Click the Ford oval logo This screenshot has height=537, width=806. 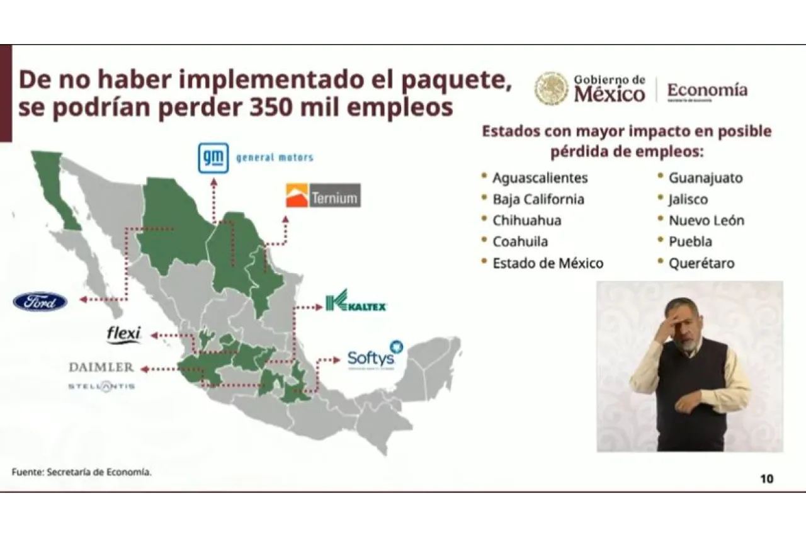pos(40,302)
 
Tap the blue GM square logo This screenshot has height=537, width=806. pos(213,158)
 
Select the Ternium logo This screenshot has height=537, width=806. pos(323,196)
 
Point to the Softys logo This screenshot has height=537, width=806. pos(374,357)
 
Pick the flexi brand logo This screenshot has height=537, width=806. pos(124,334)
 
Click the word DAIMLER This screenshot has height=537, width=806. pos(101,367)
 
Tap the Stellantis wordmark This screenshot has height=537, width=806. pos(101,386)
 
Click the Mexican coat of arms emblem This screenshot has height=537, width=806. pos(551,88)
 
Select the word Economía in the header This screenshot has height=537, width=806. pos(707,89)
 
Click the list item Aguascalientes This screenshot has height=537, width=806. pos(540,178)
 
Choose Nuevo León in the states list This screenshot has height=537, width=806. pos(706,221)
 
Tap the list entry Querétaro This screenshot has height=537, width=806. pos(701,263)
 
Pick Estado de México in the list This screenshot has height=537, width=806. pos(547,263)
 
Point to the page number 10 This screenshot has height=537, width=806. pos(766,478)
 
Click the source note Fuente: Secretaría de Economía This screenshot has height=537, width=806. pos(82,472)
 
